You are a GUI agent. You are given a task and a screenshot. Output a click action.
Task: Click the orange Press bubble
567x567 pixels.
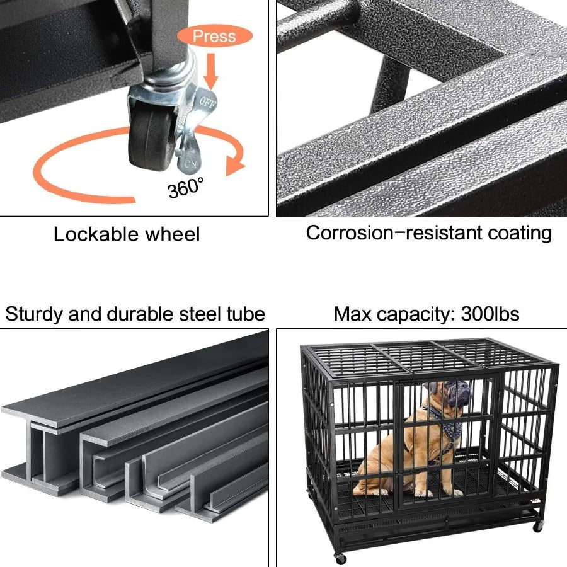[214, 36]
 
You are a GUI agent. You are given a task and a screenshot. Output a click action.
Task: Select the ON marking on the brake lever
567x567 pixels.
[190, 164]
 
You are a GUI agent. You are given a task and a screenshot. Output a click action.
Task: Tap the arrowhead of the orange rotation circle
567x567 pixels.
[235, 165]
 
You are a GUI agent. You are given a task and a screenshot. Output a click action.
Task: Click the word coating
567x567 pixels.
[520, 232]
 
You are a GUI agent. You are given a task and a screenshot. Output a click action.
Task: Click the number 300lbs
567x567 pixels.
[490, 314]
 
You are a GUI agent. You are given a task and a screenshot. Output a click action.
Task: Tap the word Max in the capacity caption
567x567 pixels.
[353, 314]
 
